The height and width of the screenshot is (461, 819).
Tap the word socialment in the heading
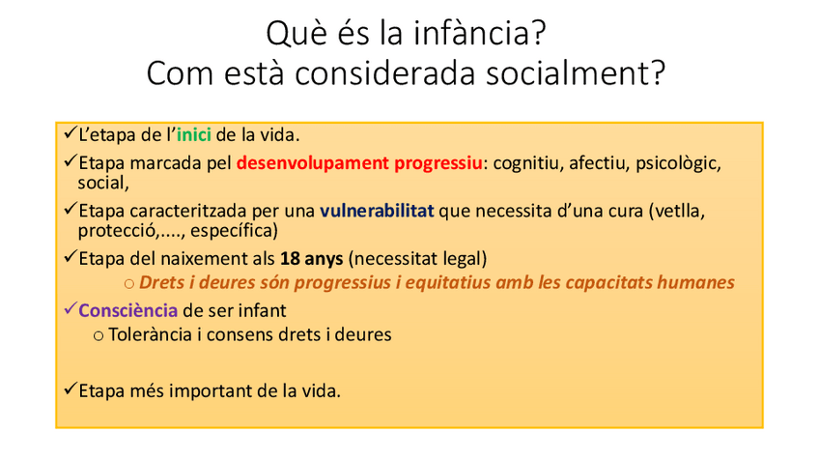(576, 72)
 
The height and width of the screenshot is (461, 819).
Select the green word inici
(194, 135)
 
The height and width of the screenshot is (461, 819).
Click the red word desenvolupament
(312, 163)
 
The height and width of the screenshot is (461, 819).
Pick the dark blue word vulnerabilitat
(377, 211)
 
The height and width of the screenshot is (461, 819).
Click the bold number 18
(291, 258)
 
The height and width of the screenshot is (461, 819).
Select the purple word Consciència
(127, 310)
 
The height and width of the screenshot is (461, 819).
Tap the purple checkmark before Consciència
(70, 308)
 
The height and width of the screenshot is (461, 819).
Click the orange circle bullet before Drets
(129, 284)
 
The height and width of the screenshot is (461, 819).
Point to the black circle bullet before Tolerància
(99, 336)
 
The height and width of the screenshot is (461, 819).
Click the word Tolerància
(151, 334)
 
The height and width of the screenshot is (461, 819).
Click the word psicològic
(678, 163)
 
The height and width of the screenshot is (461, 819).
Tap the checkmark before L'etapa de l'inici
(70, 132)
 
